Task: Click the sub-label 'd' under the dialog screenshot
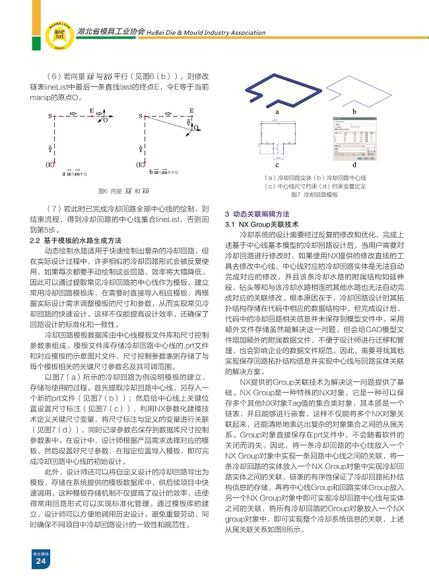(x=354, y=165)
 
